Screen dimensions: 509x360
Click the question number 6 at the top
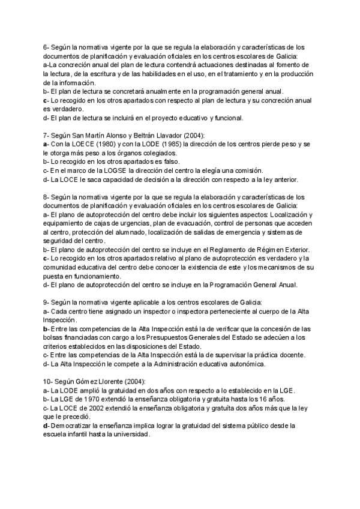[x=46, y=47]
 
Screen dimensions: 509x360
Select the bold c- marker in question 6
[x=46, y=100]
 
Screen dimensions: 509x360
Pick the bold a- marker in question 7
[x=46, y=144]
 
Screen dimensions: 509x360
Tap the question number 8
[x=46, y=197]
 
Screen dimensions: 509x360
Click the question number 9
[x=46, y=303]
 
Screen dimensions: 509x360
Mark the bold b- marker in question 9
[x=46, y=329]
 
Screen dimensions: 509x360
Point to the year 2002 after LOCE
[x=94, y=408]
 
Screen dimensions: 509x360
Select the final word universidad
[x=130, y=435]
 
